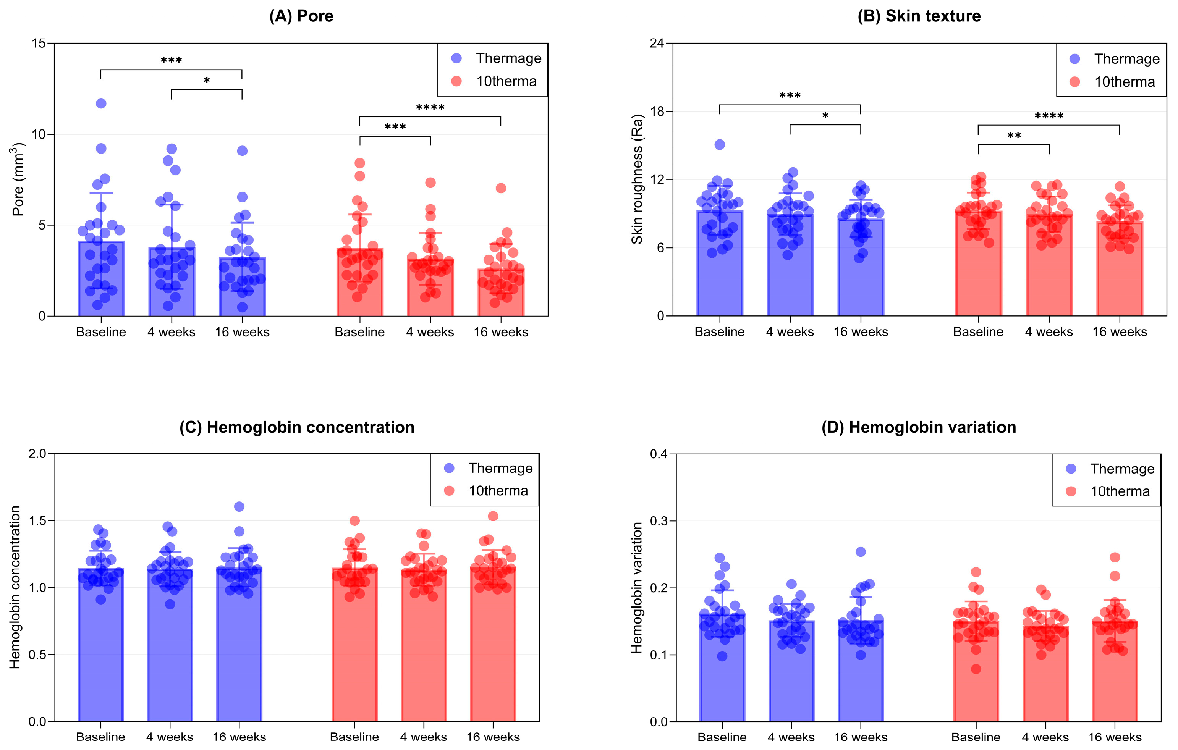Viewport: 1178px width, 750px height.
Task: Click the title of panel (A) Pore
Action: pos(301,16)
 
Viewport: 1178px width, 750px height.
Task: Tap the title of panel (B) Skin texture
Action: pos(919,16)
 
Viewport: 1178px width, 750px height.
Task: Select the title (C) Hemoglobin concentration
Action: pos(297,427)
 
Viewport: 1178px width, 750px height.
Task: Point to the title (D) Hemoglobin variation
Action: pos(919,427)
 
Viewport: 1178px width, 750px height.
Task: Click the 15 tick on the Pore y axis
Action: pos(39,44)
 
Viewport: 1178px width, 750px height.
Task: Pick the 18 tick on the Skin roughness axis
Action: pos(657,111)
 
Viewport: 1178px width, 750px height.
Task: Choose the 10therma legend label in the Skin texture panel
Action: pos(1125,82)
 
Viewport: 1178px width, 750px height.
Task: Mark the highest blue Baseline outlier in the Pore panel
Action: pos(101,103)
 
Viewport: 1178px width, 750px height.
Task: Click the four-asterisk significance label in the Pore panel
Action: pos(430,108)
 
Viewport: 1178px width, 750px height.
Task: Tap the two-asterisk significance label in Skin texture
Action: pos(1014,136)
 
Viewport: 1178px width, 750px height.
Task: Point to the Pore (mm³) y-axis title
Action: pos(18,179)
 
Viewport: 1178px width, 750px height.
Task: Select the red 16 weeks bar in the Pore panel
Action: pos(501,292)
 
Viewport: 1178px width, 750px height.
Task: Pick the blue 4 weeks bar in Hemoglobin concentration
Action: pos(170,645)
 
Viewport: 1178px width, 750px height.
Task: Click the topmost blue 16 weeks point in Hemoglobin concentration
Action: pos(239,506)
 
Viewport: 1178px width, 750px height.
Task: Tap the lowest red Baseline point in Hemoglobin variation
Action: pos(976,669)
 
